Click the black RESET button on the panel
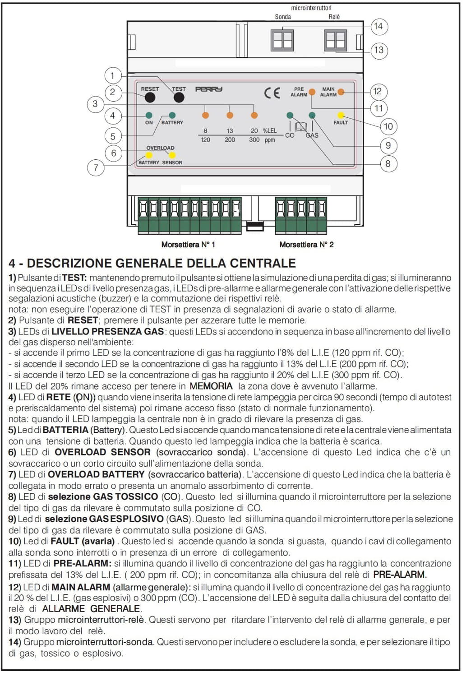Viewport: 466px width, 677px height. (150, 97)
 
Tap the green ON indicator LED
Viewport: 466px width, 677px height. (149, 115)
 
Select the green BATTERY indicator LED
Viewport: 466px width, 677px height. (172, 115)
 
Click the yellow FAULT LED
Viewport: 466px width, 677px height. (341, 116)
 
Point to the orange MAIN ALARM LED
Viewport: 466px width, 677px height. (341, 92)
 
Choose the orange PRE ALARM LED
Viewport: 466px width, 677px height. (312, 92)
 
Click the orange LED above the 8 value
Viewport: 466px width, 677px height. (205, 116)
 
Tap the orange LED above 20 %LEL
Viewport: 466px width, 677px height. (254, 116)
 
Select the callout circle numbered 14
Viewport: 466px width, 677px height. (378, 26)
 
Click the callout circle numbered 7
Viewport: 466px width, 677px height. (96, 167)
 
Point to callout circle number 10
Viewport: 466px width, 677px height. (388, 126)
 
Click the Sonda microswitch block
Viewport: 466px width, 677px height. (282, 40)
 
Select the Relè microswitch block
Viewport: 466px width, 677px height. (336, 40)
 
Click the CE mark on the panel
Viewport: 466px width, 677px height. (272, 93)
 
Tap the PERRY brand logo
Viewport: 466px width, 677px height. (208, 89)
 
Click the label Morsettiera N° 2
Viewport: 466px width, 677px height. (306, 245)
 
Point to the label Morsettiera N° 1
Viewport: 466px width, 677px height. (188, 245)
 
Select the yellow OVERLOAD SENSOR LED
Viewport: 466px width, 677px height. (172, 155)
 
